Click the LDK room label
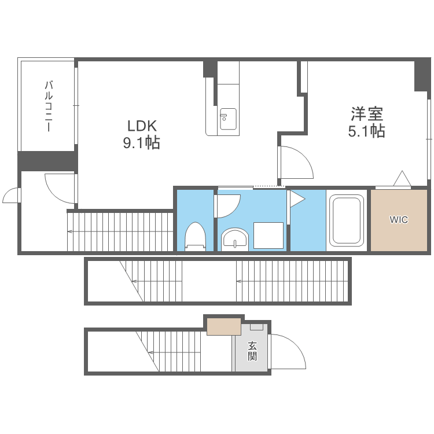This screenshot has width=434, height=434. [x=142, y=126]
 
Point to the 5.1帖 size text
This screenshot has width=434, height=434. [x=366, y=131]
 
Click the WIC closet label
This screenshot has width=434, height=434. [x=399, y=220]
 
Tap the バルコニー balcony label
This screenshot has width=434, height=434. [x=49, y=107]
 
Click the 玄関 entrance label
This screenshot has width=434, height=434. [x=252, y=351]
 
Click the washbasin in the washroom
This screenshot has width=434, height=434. [x=234, y=238]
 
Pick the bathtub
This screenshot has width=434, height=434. [x=346, y=220]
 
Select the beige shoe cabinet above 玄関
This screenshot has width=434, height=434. [x=224, y=326]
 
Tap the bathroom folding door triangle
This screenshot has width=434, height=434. [x=296, y=200]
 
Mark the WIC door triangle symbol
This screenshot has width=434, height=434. [x=402, y=179]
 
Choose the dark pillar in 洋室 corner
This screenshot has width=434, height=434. [x=422, y=75]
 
